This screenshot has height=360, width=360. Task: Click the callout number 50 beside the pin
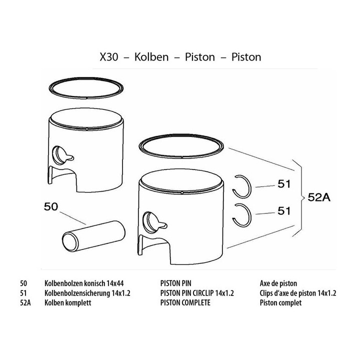point(51,206)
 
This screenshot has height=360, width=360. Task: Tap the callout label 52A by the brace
point(319,197)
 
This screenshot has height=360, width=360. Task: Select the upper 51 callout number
point(284,184)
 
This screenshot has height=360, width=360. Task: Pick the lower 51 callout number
point(284,211)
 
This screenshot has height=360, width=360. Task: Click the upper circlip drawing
point(249,186)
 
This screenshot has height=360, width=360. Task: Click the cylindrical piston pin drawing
point(93,235)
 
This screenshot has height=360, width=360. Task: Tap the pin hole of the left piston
point(59,155)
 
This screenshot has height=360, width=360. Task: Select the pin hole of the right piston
point(150,222)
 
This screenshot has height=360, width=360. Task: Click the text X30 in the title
point(109,57)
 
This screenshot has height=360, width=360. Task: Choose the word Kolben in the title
point(151,57)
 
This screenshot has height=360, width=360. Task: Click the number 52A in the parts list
point(25,302)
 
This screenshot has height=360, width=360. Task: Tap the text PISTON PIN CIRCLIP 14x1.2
point(197,293)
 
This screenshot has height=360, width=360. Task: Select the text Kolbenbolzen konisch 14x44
point(84,283)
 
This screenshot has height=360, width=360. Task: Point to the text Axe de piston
point(278,283)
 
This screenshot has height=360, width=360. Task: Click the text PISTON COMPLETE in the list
point(185,302)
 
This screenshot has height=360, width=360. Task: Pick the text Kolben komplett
point(67,302)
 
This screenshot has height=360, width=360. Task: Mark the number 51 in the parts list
point(23,293)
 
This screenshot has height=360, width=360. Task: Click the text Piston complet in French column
point(280,302)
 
